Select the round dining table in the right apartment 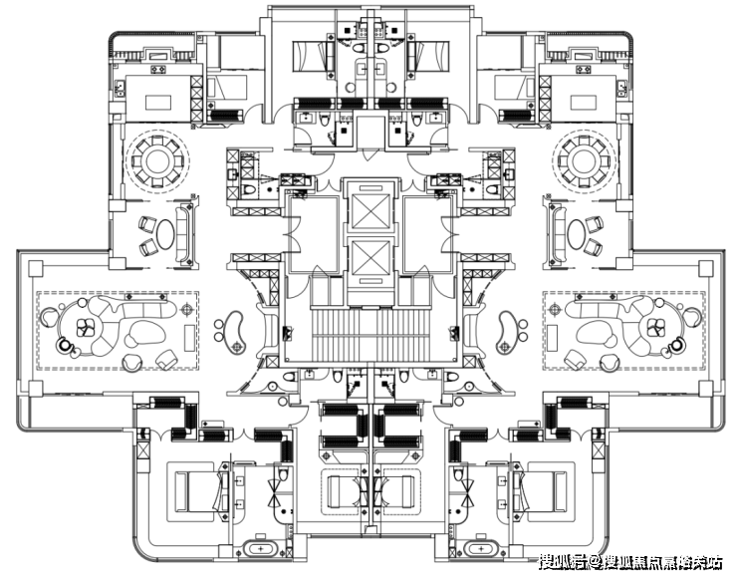(581, 160)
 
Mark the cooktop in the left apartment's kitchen (159, 72)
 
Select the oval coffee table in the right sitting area (579, 232)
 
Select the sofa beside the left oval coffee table (185, 232)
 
